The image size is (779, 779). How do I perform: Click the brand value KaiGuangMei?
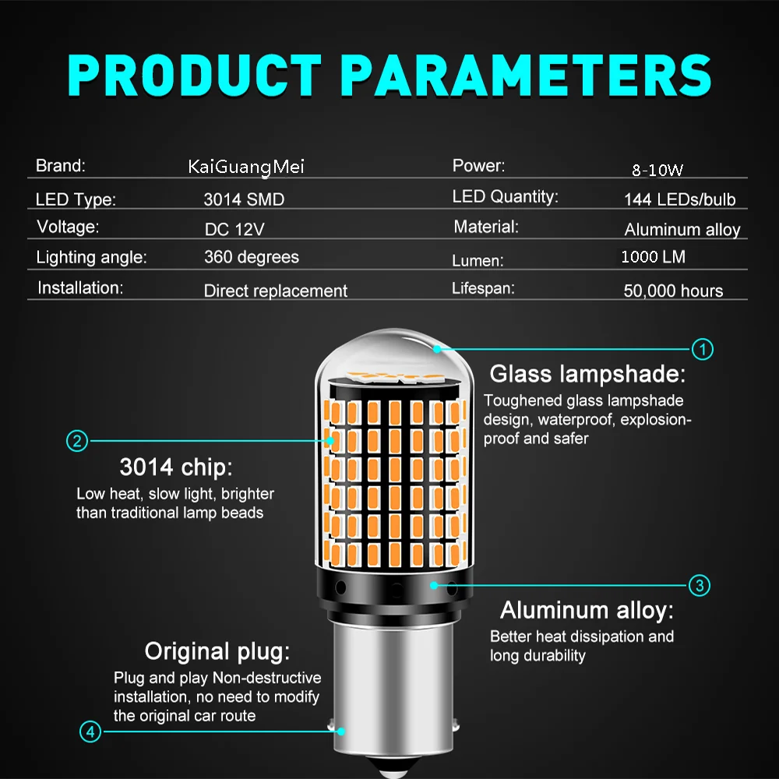pyautogui.click(x=246, y=167)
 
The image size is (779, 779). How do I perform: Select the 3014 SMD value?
pyautogui.click(x=244, y=199)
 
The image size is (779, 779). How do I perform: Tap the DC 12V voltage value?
pyautogui.click(x=234, y=229)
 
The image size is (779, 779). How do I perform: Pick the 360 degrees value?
pyautogui.click(x=252, y=257)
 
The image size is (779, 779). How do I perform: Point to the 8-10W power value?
pyautogui.click(x=657, y=170)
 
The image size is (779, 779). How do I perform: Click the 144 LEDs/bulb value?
pyautogui.click(x=679, y=199)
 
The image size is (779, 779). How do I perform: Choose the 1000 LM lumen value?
pyautogui.click(x=654, y=257)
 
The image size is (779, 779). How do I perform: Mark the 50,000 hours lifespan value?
pyautogui.click(x=673, y=291)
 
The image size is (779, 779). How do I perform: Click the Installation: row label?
pyautogui.click(x=80, y=287)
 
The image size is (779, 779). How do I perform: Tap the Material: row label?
pyautogui.click(x=486, y=227)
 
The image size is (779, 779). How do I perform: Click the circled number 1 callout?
pyautogui.click(x=702, y=349)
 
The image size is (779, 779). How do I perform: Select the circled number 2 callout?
pyautogui.click(x=77, y=441)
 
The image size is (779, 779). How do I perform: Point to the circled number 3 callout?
pyautogui.click(x=699, y=585)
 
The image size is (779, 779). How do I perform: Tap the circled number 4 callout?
pyautogui.click(x=90, y=731)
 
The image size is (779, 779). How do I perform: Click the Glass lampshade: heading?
pyautogui.click(x=587, y=374)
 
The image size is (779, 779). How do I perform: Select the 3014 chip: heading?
pyautogui.click(x=176, y=467)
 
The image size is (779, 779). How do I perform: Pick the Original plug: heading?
pyautogui.click(x=217, y=651)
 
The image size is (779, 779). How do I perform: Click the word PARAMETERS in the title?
pyautogui.click(x=526, y=76)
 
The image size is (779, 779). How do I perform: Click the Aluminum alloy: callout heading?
pyautogui.click(x=587, y=610)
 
